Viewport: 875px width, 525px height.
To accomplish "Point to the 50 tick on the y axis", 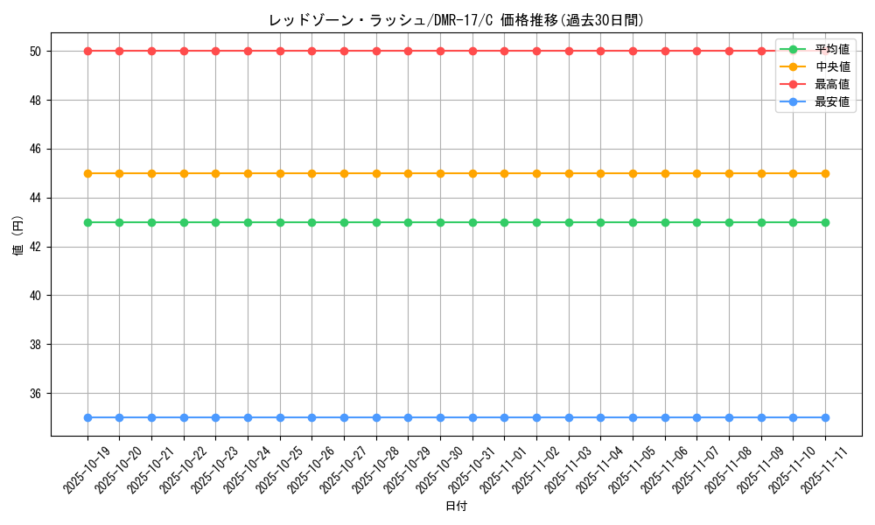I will (36, 52).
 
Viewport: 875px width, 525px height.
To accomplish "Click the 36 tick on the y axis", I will (36, 394).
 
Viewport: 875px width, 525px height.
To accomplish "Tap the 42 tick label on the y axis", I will (36, 247).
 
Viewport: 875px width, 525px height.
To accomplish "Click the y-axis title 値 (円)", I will (17, 237).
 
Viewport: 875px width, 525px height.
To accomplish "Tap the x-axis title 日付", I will (456, 507).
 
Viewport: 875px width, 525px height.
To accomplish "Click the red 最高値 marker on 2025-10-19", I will (87, 51).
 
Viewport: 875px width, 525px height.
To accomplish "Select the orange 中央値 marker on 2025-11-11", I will (825, 173).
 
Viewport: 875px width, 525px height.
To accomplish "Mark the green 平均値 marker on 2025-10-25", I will (280, 222).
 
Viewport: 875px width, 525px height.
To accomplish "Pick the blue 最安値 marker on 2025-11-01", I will (504, 417).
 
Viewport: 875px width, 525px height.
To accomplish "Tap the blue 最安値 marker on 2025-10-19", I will (87, 417).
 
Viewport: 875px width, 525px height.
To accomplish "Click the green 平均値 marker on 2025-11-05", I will (633, 222).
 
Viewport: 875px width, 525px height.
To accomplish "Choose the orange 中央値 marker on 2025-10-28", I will (376, 173).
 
